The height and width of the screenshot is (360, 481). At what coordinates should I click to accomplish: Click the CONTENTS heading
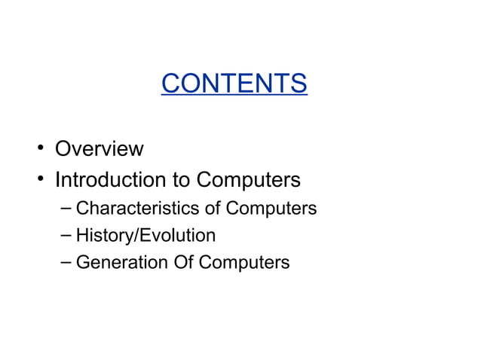(234, 83)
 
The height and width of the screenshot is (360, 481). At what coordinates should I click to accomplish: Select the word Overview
(99, 148)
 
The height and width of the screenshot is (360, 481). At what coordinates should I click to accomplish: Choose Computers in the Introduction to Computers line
(249, 181)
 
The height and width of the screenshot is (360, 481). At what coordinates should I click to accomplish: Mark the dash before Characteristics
(66, 206)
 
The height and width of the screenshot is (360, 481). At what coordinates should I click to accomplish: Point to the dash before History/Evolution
(66, 235)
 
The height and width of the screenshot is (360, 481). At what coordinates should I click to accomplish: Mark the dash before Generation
(66, 262)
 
